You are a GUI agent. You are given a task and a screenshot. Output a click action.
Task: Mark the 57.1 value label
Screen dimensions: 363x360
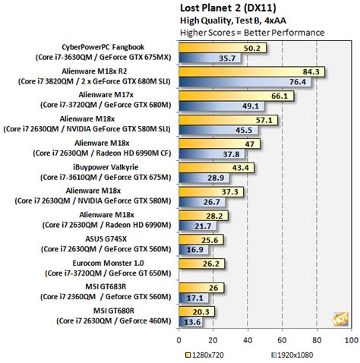click(264, 120)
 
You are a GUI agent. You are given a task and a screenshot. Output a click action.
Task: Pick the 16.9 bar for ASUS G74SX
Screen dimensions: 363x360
click(192, 249)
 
